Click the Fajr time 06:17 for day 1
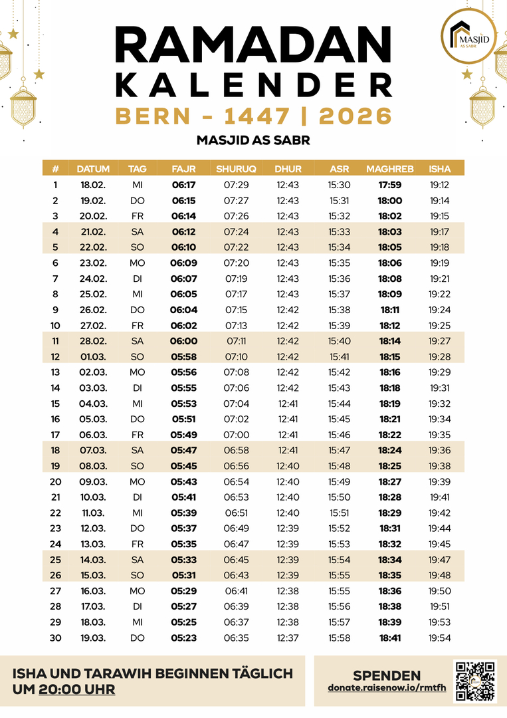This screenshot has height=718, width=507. coord(183,185)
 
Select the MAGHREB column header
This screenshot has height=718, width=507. coord(389,169)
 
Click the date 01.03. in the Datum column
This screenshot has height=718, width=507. coord(94,356)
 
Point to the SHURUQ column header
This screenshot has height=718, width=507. coord(236,169)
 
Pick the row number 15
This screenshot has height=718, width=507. coord(55,403)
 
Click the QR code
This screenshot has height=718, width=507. coord(475,681)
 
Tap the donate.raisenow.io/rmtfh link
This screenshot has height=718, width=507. coord(387,687)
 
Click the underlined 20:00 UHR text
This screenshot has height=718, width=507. coord(76,690)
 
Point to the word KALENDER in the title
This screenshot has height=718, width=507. coord(253,84)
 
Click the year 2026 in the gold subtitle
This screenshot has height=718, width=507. coord(355,116)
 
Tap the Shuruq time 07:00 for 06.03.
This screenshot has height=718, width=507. coord(236,434)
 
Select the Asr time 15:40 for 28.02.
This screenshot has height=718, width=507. coord(340,340)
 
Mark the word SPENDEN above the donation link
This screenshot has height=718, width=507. coord(386,675)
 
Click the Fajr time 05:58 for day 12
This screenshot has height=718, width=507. coord(183,356)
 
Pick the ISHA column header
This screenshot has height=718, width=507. coord(439,169)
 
